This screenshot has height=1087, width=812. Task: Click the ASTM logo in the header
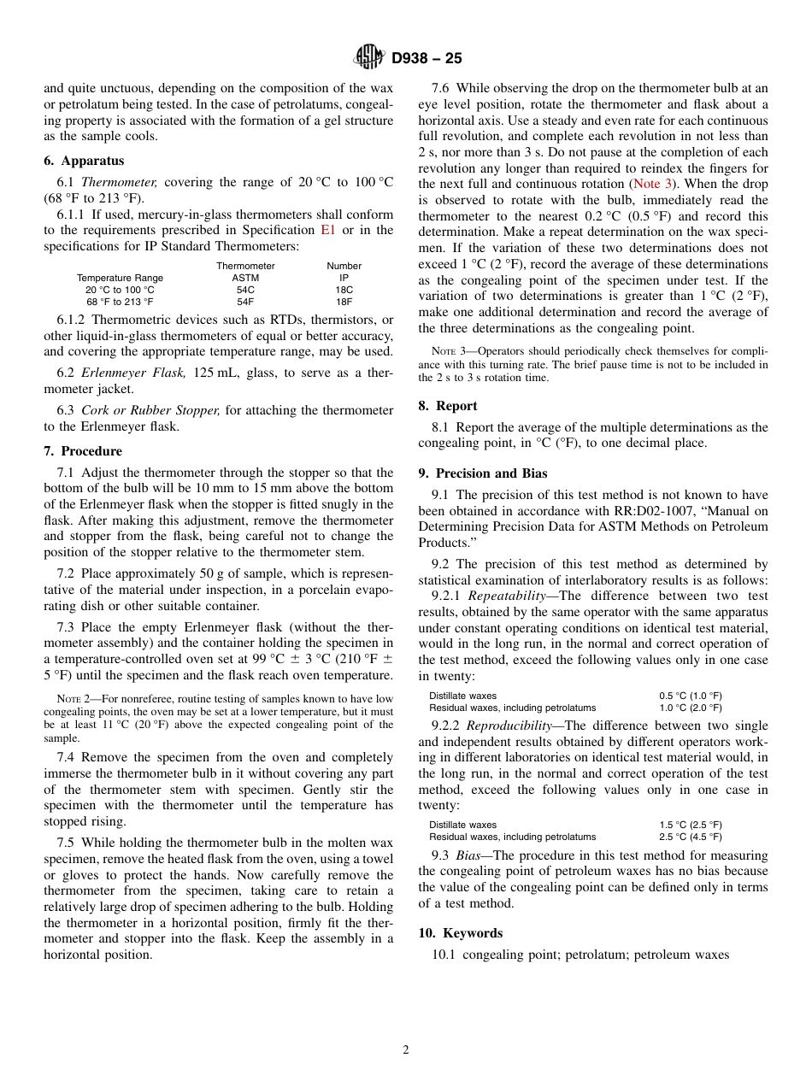coord(369,57)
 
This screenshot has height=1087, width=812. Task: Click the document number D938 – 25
coord(427,58)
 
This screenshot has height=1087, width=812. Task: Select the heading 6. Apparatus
coord(84,161)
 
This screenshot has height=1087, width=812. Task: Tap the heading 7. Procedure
coord(83,451)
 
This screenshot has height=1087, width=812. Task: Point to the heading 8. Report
coord(448,406)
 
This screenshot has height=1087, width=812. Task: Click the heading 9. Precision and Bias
coord(483,473)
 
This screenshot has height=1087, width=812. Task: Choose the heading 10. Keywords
coord(461,933)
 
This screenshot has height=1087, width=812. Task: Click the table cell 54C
coord(245,290)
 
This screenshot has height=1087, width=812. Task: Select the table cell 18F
coord(344,302)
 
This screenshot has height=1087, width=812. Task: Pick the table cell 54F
coord(245,302)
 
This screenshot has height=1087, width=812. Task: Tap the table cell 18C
coord(344,290)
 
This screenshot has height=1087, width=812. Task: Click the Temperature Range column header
coord(120,278)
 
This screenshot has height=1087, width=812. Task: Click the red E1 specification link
coord(328,230)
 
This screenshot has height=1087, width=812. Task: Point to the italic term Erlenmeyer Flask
coord(121,373)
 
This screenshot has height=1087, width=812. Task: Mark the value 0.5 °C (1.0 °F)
coord(690,696)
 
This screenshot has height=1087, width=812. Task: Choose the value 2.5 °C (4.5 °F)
coord(690,837)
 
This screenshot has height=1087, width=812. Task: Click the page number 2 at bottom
coord(406,1050)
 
